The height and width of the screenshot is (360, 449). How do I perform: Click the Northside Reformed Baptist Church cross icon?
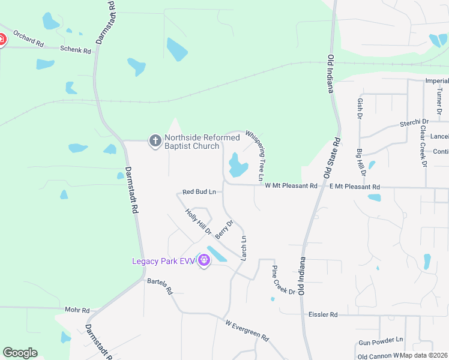coord(155,141)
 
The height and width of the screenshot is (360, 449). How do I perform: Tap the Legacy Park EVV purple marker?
coord(204,261)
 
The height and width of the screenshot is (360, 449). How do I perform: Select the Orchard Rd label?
coord(28,43)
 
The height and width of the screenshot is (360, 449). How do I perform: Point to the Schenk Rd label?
coord(75,51)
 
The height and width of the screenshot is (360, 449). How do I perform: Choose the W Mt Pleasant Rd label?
coord(291,186)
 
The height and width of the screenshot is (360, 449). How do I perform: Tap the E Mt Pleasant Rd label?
coord(355,187)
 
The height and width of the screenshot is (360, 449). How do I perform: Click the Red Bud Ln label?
coord(199,192)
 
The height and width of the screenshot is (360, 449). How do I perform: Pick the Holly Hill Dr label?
coord(199,221)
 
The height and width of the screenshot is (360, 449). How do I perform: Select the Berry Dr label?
coord(224,229)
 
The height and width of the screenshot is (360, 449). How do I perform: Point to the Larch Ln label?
coord(244,247)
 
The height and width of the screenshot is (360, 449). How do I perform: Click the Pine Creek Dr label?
coord(283,280)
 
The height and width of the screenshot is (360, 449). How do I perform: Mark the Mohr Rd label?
coord(77,310)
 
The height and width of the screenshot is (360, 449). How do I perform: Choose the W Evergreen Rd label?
coord(247,330)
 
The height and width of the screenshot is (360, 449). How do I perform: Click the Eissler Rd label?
coord(323,314)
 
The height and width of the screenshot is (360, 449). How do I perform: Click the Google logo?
coord(20,353)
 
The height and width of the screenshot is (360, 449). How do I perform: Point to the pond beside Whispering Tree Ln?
coord(238,165)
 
